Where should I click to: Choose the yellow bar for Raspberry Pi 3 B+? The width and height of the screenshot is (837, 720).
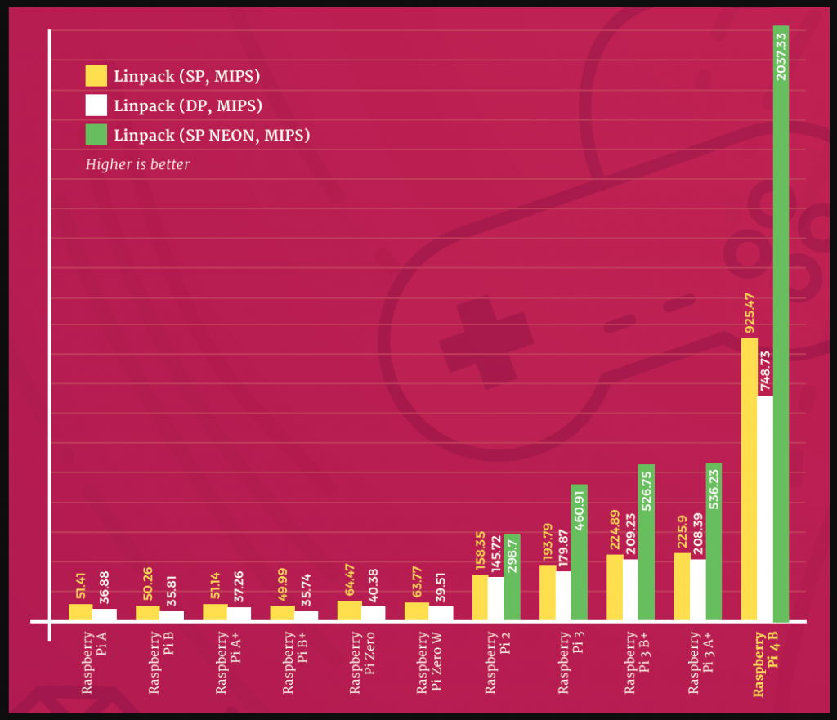[615, 588]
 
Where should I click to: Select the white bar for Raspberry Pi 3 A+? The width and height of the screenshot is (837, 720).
[698, 590]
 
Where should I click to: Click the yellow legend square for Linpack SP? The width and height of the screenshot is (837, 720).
[96, 76]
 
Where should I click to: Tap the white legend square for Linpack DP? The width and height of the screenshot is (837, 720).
[96, 105]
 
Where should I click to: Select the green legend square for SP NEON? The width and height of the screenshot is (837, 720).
[96, 134]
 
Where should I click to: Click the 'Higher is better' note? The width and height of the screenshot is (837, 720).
[137, 164]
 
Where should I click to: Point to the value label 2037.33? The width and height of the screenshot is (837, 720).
[781, 56]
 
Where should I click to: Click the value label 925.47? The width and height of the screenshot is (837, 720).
[749, 311]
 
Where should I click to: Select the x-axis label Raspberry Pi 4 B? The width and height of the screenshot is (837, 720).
[765, 664]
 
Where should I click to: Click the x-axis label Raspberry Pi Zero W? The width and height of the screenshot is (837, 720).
[428, 664]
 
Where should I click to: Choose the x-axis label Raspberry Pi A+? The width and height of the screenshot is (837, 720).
[226, 664]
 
